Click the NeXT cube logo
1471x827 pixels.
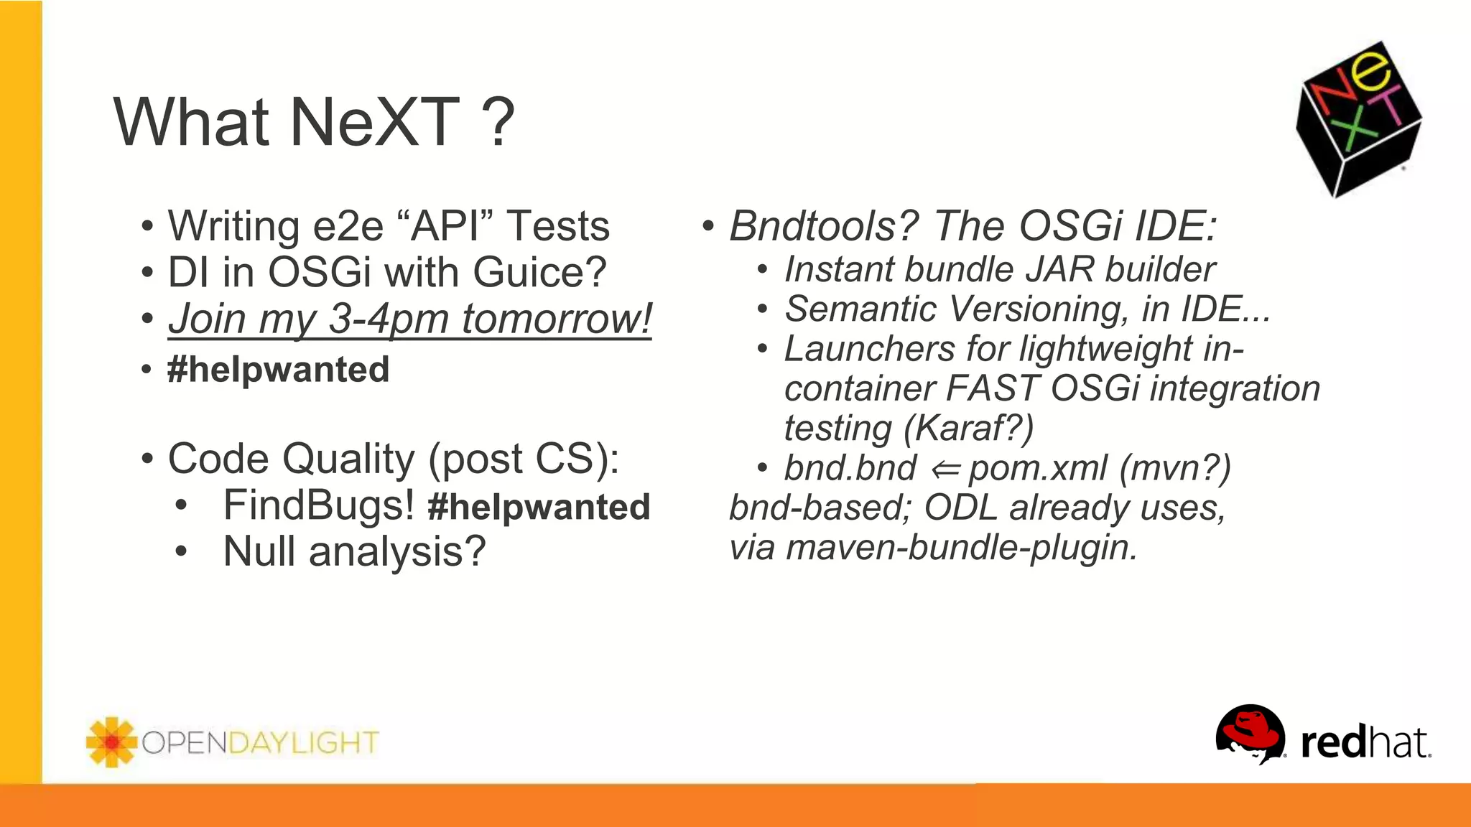click(1358, 119)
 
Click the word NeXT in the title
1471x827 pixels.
click(373, 122)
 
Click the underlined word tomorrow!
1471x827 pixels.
click(557, 319)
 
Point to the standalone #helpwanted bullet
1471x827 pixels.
click(278, 370)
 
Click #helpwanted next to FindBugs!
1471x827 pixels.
click(539, 507)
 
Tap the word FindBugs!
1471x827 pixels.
click(318, 505)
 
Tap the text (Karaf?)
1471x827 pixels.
click(969, 429)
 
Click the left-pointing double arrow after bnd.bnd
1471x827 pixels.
click(945, 469)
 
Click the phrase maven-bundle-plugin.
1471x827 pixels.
click(962, 548)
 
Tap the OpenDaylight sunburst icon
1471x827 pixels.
click(111, 742)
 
